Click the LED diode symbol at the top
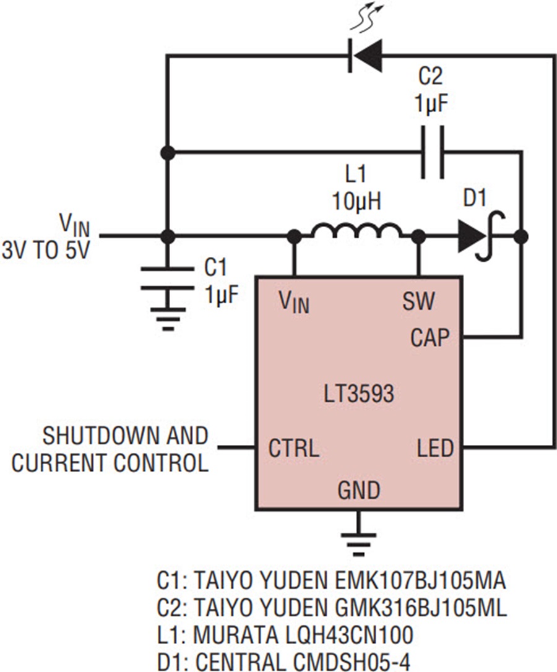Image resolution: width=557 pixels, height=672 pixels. [365, 55]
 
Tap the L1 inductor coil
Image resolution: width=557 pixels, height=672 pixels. [356, 231]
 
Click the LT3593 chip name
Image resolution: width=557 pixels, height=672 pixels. [358, 394]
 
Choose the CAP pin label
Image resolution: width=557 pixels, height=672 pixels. [430, 338]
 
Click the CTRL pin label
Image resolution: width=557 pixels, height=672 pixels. [294, 448]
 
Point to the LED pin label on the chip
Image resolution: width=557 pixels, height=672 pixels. [435, 448]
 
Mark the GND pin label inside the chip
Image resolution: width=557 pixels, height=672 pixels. [359, 490]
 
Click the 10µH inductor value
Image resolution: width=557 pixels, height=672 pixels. [356, 200]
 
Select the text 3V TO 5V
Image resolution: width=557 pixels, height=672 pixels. [46, 250]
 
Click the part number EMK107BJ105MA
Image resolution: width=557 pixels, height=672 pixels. [418, 582]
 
